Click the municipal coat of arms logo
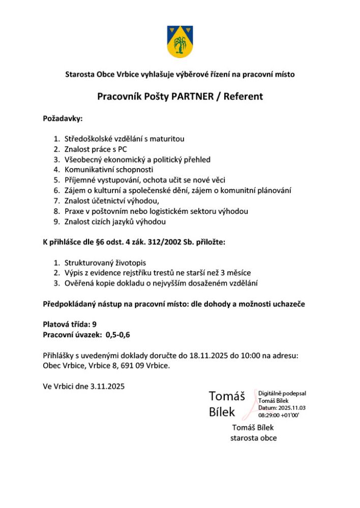pyautogui.click(x=179, y=41)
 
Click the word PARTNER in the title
pyautogui.click(x=194, y=96)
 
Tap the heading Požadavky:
pyautogui.click(x=63, y=118)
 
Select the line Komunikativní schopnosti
pyautogui.click(x=109, y=170)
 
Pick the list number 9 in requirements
pyautogui.click(x=57, y=222)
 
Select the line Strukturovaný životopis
pyautogui.click(x=105, y=263)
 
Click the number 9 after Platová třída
pyautogui.click(x=95, y=324)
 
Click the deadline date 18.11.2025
pyautogui.click(x=208, y=355)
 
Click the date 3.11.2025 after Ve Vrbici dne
pyautogui.click(x=107, y=386)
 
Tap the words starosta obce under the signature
pyautogui.click(x=253, y=438)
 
